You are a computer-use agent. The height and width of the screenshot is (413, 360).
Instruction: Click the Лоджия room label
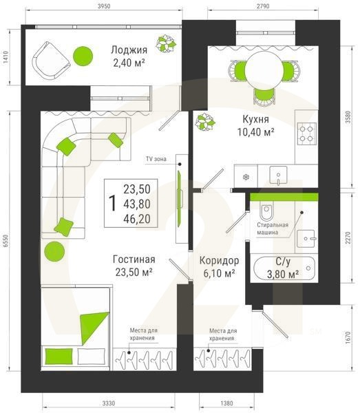click(x=129, y=50)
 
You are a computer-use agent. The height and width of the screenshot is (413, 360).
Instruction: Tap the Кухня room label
click(x=255, y=119)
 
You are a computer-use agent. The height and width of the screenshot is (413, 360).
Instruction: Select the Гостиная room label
click(x=134, y=260)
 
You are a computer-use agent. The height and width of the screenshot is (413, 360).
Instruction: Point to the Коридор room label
click(x=219, y=260)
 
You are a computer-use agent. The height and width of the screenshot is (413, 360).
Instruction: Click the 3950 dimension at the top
click(x=104, y=6)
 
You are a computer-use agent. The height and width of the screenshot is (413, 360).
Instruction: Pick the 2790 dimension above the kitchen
click(x=263, y=6)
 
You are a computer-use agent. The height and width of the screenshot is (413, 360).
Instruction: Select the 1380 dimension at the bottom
click(x=226, y=403)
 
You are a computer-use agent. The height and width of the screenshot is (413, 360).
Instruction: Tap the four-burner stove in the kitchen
click(x=307, y=134)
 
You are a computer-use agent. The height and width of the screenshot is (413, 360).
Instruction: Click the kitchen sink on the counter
click(x=278, y=174)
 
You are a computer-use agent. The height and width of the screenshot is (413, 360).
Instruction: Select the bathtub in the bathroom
click(x=284, y=268)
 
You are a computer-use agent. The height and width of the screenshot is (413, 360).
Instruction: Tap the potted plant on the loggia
click(x=166, y=43)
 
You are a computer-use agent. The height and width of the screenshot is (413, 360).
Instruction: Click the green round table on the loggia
click(x=83, y=56)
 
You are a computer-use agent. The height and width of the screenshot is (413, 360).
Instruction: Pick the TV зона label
click(x=156, y=159)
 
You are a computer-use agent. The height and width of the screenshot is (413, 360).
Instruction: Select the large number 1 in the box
click(x=112, y=203)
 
